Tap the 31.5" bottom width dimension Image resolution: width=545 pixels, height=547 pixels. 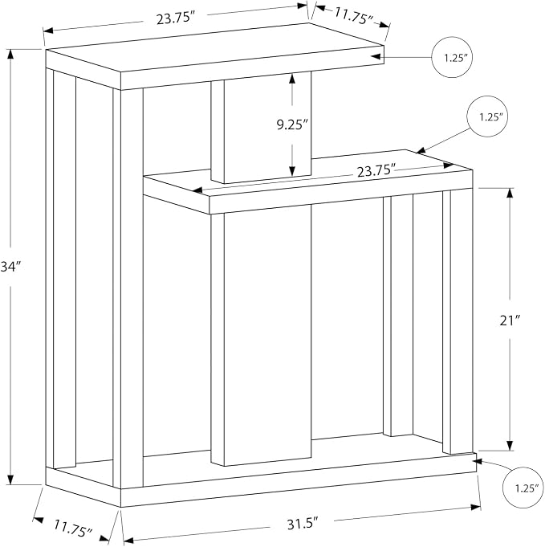click(x=303, y=525)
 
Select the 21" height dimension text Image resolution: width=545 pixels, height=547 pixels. click(x=510, y=320)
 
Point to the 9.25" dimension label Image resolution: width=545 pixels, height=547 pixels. click(x=292, y=125)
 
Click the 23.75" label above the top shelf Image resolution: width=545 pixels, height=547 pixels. click(x=175, y=18)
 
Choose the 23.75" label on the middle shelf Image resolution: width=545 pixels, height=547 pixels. click(x=376, y=171)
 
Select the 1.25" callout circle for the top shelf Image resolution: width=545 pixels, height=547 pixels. click(x=452, y=57)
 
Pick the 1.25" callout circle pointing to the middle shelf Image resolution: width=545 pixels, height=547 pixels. click(x=487, y=116)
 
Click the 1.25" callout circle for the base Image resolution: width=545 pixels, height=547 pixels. click(x=523, y=487)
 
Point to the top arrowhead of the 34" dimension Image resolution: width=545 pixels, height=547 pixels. click(x=10, y=54)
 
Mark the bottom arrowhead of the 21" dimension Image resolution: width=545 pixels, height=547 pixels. click(x=510, y=446)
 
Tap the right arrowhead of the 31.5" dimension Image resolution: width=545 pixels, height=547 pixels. click(x=476, y=507)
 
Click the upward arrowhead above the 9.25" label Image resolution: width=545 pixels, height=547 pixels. click(x=292, y=79)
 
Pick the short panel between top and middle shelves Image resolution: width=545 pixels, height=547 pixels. click(x=261, y=128)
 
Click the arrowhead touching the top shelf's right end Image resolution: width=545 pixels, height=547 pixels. click(x=376, y=56)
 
